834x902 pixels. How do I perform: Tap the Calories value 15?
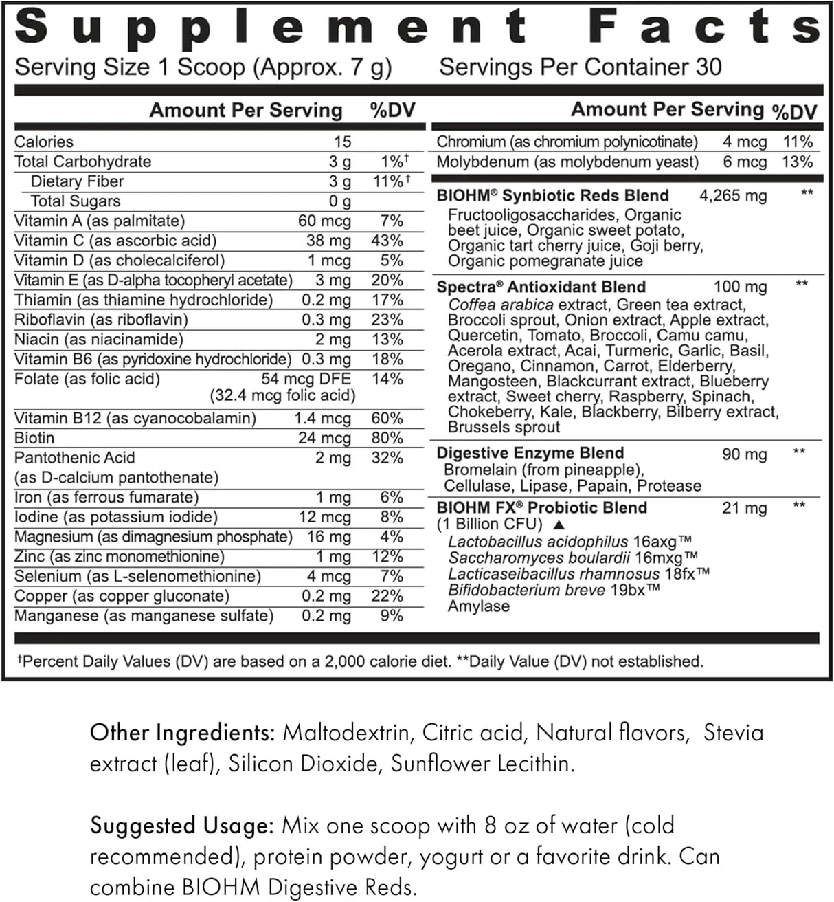click(x=342, y=142)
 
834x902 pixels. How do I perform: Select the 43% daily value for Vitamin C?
click(x=387, y=241)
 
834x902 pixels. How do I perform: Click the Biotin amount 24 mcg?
click(x=324, y=438)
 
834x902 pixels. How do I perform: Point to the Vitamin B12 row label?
click(x=135, y=418)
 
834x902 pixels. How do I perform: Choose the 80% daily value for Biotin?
click(x=387, y=438)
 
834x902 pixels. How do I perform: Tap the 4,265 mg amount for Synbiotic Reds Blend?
click(x=732, y=196)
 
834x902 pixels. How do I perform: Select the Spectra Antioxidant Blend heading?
click(x=541, y=287)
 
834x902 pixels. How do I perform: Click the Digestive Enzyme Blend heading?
click(x=530, y=453)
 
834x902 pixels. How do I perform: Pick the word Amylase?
click(x=479, y=606)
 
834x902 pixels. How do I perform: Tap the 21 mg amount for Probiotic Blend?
click(x=744, y=509)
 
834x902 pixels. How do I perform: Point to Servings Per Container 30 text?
click(x=581, y=67)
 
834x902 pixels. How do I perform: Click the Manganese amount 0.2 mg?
click(x=326, y=616)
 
